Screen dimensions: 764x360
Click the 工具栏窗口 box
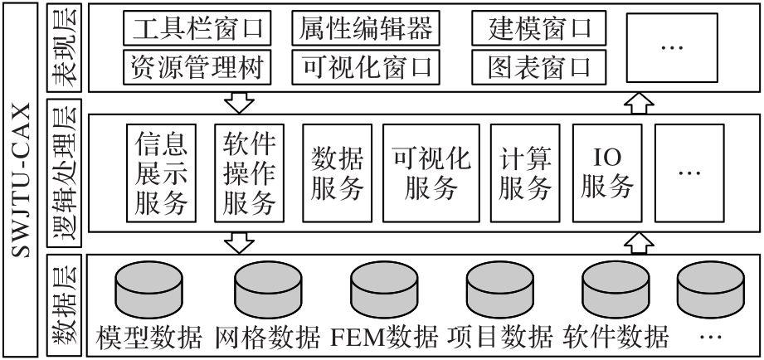pyautogui.click(x=197, y=27)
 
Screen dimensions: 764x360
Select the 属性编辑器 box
pyautogui.click(x=366, y=27)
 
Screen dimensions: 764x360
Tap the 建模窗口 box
pyautogui.click(x=539, y=27)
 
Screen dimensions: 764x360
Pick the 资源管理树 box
pyautogui.click(x=197, y=66)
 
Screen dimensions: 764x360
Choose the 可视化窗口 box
pyautogui.click(x=366, y=66)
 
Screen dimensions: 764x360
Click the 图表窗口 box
pyautogui.click(x=539, y=66)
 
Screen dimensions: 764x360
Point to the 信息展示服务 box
pyautogui.click(x=161, y=173)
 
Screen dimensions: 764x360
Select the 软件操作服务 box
pyautogui.click(x=249, y=173)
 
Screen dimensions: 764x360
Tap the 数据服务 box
pyautogui.click(x=337, y=173)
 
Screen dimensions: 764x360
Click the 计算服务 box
pyautogui.click(x=525, y=173)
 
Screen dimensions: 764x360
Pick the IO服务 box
pyautogui.click(x=607, y=173)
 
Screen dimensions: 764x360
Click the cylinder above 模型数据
pyautogui.click(x=148, y=289)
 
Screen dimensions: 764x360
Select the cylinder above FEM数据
pyautogui.click(x=384, y=289)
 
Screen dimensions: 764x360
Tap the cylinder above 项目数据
pyautogui.click(x=500, y=289)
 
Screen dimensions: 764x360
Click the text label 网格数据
pyautogui.click(x=267, y=337)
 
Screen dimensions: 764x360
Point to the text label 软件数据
pyautogui.click(x=616, y=337)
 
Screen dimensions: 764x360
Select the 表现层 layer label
pyautogui.click(x=65, y=46)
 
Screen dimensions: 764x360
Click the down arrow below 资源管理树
pyautogui.click(x=239, y=103)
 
